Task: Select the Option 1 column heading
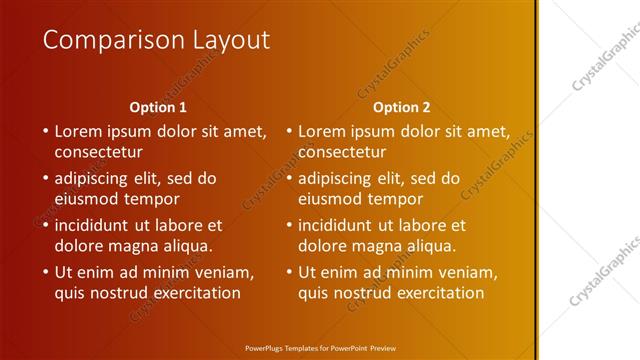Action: pyautogui.click(x=158, y=107)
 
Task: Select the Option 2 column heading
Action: pyautogui.click(x=401, y=107)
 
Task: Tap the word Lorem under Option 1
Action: pyautogui.click(x=78, y=131)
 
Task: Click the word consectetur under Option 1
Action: pyautogui.click(x=98, y=152)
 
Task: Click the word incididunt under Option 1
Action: pyautogui.click(x=98, y=225)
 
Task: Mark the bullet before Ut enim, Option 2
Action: pyautogui.click(x=288, y=272)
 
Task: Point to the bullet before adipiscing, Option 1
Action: pyautogui.click(x=45, y=179)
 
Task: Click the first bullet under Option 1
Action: pyautogui.click(x=45, y=131)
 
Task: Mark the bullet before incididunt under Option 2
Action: pyautogui.click(x=288, y=225)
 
